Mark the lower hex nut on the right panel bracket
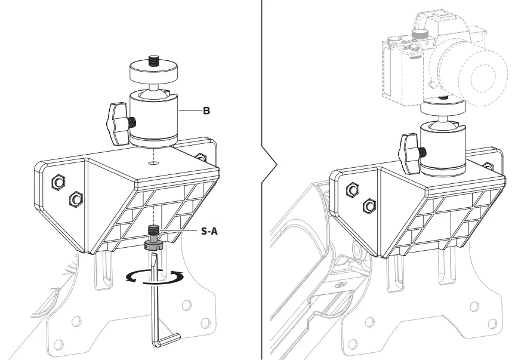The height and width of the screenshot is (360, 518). [x=369, y=205]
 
